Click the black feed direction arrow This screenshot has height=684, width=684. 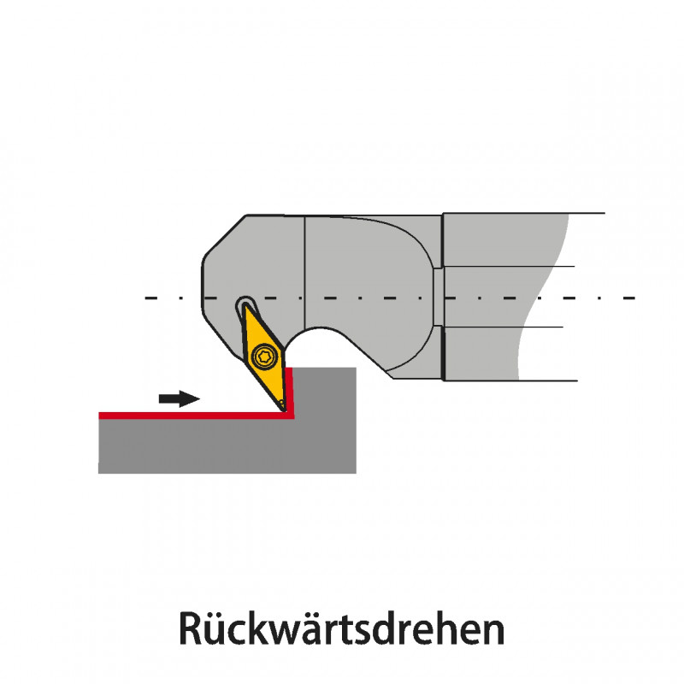179,399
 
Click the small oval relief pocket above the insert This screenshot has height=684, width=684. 246,304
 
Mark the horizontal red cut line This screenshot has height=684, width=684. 188,416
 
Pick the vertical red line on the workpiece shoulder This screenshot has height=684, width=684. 291,389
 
